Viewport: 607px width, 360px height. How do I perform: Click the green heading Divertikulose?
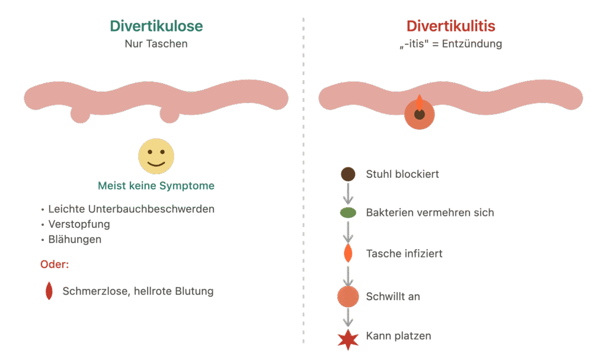(156, 26)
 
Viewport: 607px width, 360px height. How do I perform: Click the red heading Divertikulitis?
(451, 26)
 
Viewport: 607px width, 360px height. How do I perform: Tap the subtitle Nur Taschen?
(156, 44)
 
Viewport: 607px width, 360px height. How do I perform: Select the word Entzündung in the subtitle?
(472, 44)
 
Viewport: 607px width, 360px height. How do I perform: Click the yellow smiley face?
(156, 156)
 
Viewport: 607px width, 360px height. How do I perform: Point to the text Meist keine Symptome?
(156, 186)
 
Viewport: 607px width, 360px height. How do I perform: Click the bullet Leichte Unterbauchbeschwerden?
(131, 209)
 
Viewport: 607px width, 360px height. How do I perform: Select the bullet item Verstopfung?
(79, 224)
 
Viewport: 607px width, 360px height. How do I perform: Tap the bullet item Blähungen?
(75, 240)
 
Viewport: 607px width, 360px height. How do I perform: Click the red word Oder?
(55, 265)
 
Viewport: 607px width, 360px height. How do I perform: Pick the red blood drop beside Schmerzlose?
(49, 291)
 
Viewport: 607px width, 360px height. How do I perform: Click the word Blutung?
(194, 291)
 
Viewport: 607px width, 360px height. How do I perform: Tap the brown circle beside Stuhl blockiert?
(348, 174)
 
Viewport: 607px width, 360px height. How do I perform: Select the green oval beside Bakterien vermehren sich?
(348, 213)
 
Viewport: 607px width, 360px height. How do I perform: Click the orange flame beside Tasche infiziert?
(348, 253)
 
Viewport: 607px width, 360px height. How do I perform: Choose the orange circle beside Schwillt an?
(348, 297)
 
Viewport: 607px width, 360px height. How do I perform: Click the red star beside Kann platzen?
(348, 340)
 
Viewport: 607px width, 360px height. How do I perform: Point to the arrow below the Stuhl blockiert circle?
(348, 193)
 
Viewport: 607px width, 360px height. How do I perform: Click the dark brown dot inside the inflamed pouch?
(420, 114)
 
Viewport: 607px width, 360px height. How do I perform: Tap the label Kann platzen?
(398, 336)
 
